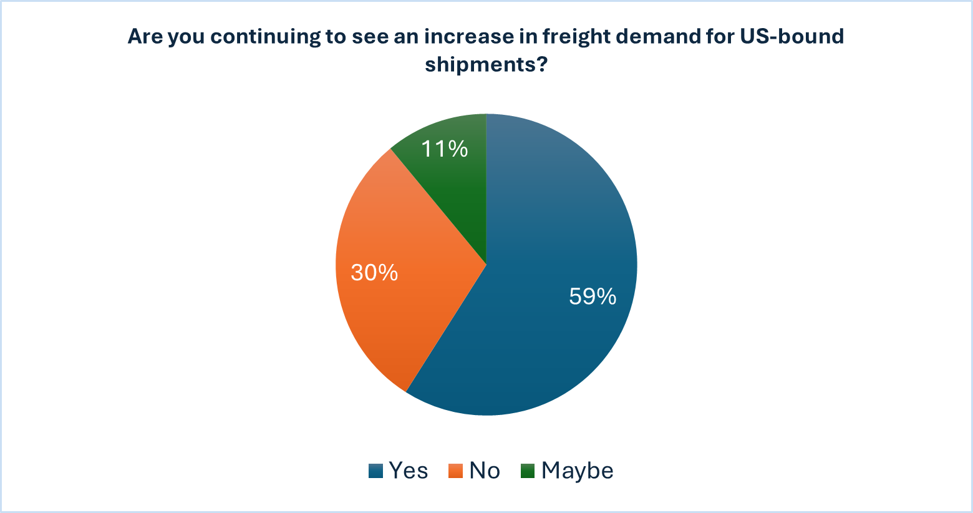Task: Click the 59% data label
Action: coord(593,296)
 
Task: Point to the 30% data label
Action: coord(374,273)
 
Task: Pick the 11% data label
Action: coord(444,149)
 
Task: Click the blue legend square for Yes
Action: coord(375,471)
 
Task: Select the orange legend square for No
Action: coord(455,471)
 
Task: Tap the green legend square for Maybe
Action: coord(528,471)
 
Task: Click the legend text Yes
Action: coord(409,471)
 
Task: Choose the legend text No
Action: coord(485,471)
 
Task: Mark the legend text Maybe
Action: coord(578,471)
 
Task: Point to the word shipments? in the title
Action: coord(486,64)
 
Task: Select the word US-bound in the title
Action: coord(791,36)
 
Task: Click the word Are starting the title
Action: coord(145,36)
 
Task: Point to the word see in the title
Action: coord(370,36)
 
